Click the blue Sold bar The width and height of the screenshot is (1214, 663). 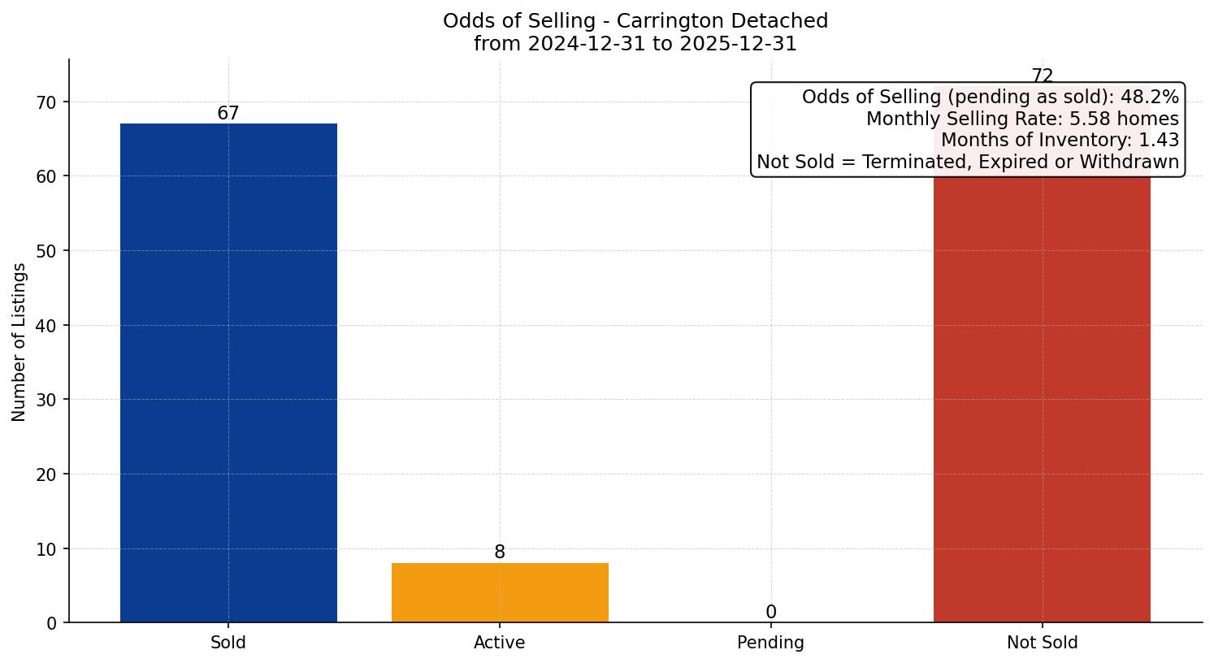[228, 373]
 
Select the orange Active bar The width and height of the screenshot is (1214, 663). [500, 593]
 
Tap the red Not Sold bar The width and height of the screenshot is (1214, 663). [1042, 398]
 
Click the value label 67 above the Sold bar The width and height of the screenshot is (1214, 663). [228, 114]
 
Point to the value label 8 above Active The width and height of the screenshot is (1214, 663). [500, 552]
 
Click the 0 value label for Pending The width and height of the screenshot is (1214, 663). [770, 613]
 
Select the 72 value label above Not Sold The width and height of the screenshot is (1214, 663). [1042, 76]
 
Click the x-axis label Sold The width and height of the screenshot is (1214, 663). [228, 643]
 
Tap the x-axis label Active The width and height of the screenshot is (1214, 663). [500, 643]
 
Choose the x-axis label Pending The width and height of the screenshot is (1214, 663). [770, 643]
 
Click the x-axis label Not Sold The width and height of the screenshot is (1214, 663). [1042, 643]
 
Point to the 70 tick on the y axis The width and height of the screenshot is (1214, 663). [47, 102]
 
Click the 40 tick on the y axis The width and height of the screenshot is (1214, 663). [47, 326]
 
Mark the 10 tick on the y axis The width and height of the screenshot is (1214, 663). [47, 549]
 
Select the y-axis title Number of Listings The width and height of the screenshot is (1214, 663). [20, 342]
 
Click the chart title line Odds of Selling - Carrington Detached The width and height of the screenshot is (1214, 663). [635, 21]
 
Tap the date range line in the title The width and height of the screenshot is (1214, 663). [635, 44]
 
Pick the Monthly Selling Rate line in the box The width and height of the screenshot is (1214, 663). [1022, 119]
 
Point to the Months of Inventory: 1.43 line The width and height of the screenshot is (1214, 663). [1060, 140]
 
